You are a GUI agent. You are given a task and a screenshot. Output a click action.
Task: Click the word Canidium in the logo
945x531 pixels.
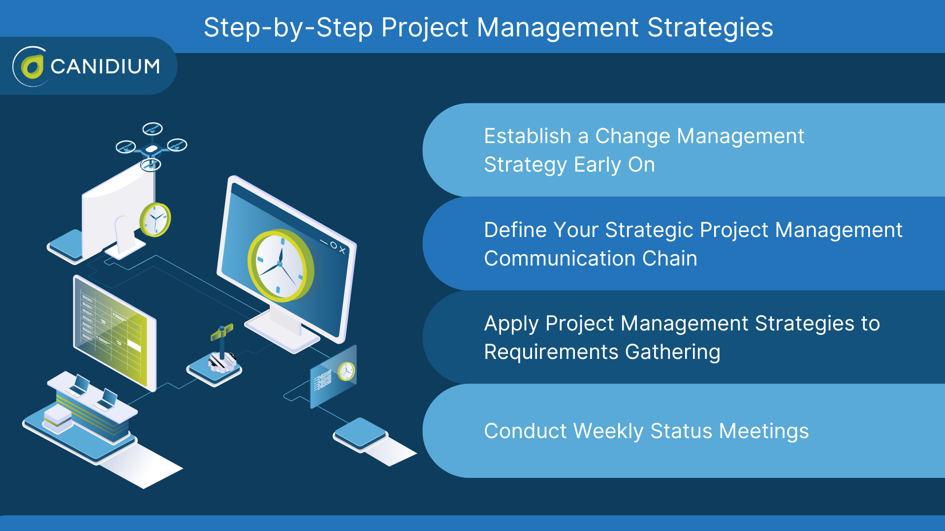(x=105, y=66)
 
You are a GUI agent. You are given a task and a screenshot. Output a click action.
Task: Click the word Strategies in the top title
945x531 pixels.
(x=710, y=28)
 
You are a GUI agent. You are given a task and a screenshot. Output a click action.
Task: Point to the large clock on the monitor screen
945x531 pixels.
(x=281, y=265)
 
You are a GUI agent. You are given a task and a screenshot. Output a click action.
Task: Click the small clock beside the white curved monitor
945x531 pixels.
(x=155, y=220)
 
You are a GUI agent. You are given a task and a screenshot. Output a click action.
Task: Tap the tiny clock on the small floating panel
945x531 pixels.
(x=346, y=371)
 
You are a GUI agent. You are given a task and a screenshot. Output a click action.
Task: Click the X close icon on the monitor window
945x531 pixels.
(x=343, y=250)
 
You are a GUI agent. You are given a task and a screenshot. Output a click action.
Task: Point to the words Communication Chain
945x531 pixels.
(x=591, y=259)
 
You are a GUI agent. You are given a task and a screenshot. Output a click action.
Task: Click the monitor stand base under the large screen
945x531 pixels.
(x=282, y=330)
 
